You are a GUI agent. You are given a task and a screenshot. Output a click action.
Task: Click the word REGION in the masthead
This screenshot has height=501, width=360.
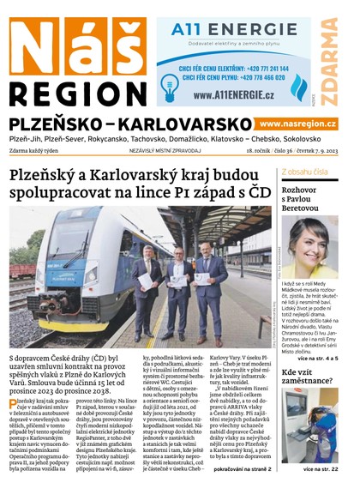coord(75,92)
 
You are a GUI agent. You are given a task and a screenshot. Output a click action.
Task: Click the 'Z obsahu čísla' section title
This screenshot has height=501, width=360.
coord(304,171)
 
